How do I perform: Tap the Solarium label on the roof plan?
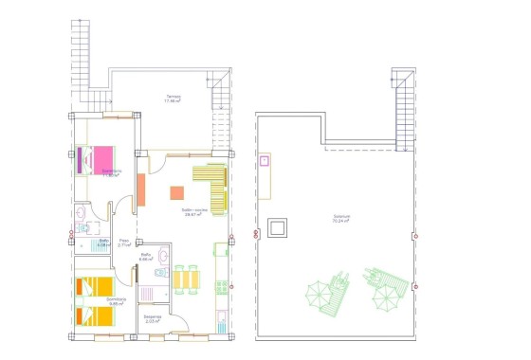tap(342, 217)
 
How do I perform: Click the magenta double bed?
tap(95, 159)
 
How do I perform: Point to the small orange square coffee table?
tap(176, 192)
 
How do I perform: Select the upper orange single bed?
tap(95, 286)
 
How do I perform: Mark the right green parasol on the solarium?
tap(386, 298)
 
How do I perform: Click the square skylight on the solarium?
tap(277, 228)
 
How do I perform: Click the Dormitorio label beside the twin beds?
tap(117, 301)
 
